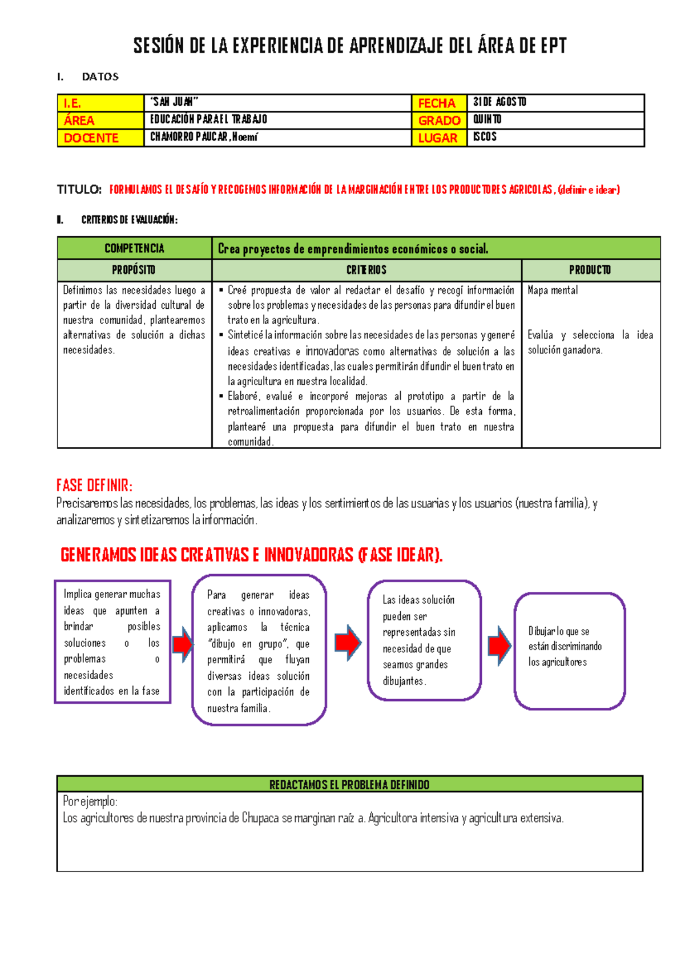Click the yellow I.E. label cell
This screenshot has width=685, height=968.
[x=100, y=103]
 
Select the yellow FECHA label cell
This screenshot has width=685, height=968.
[x=438, y=103]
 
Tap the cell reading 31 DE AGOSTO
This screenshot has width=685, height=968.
[x=555, y=103]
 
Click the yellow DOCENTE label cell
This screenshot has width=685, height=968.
[x=100, y=138]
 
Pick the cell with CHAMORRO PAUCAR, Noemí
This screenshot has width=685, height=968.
[x=277, y=138]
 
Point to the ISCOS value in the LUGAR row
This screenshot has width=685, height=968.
[x=555, y=138]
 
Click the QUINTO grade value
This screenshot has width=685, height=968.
[x=555, y=120]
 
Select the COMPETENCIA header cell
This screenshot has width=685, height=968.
[x=134, y=248]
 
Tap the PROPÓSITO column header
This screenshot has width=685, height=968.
[x=134, y=270]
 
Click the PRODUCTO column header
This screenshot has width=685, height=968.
[x=590, y=270]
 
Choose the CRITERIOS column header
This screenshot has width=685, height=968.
[x=366, y=270]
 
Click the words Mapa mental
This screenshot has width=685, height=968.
[x=553, y=291]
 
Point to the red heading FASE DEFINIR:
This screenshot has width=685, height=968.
[x=94, y=486]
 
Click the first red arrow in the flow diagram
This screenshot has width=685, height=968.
[x=183, y=644]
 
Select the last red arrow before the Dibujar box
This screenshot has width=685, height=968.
[x=499, y=646]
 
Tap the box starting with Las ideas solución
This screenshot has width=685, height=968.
[x=424, y=640]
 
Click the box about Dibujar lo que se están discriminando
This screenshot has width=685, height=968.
[x=569, y=651]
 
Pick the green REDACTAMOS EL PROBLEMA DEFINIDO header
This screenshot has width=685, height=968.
[x=349, y=785]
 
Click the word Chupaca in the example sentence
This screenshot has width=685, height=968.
[x=260, y=818]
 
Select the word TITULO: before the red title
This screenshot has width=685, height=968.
[x=79, y=190]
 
